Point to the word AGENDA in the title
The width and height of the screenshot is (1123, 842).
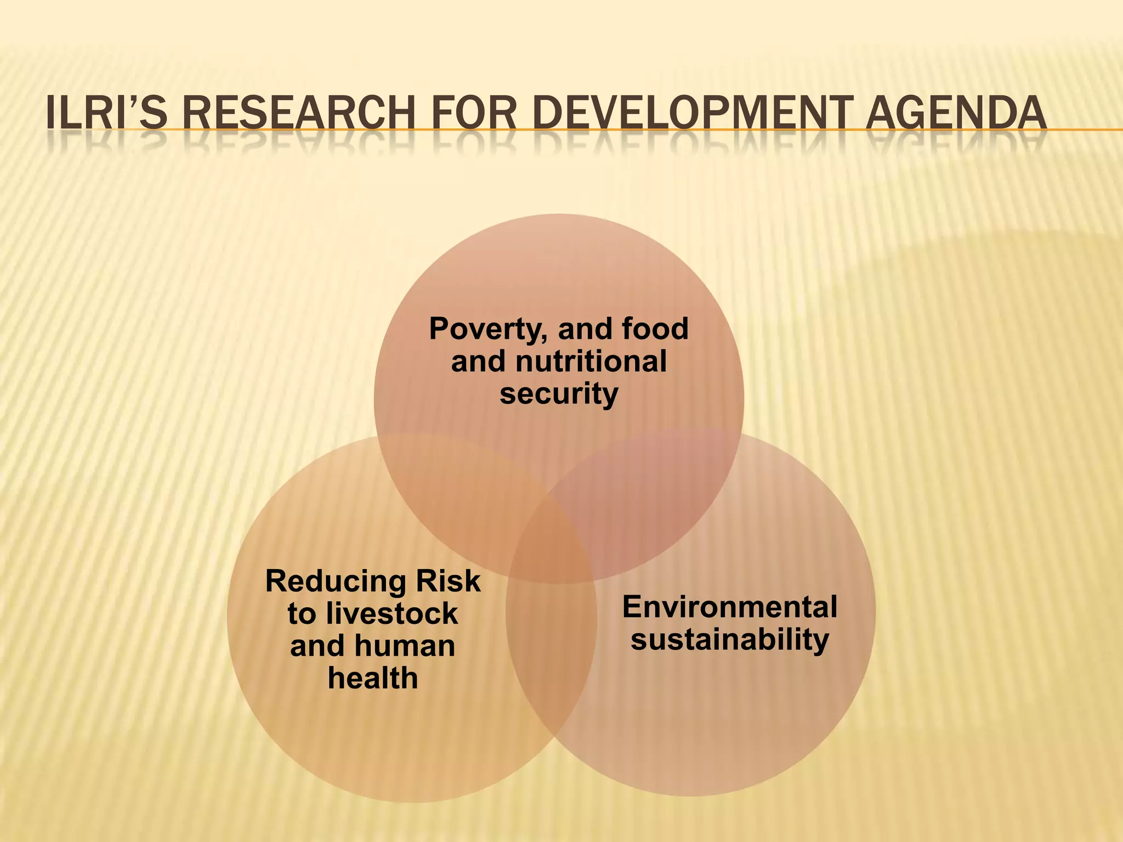(956, 114)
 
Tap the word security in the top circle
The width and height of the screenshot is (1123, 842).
(559, 394)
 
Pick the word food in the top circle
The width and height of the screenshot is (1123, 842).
(655, 329)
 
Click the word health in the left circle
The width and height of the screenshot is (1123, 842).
(373, 678)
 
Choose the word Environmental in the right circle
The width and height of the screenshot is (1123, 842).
(730, 607)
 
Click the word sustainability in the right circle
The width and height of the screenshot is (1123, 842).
(730, 640)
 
